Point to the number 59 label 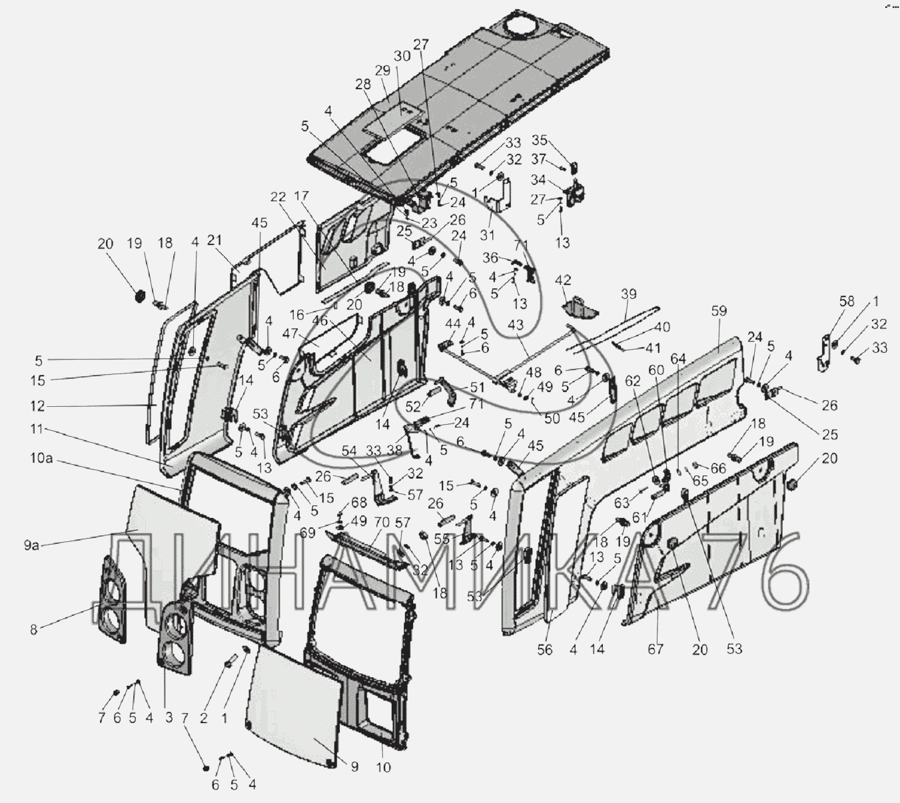(x=718, y=311)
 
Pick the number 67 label (x=656, y=649)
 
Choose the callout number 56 (x=545, y=649)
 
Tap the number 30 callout (x=402, y=57)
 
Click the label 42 (x=564, y=280)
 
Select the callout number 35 (x=539, y=140)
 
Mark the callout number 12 (x=37, y=405)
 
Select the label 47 (x=289, y=333)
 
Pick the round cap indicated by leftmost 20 (x=139, y=296)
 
